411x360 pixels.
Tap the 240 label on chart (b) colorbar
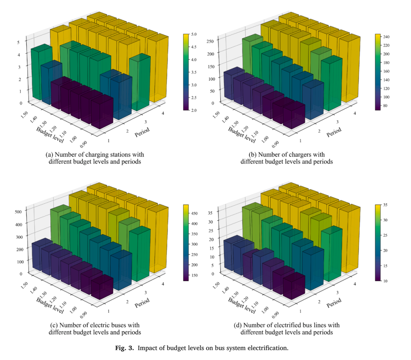pos(386,37)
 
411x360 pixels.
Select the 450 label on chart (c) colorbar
pos(194,213)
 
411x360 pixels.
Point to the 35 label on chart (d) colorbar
pos(385,205)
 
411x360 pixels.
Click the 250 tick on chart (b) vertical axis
pos(210,41)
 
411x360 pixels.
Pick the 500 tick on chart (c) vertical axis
pos(18,211)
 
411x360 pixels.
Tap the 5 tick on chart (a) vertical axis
pos(18,42)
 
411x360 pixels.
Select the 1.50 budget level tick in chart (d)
pos(216,285)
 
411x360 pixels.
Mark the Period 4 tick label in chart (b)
pos(355,113)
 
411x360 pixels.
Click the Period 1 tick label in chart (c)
pos(108,311)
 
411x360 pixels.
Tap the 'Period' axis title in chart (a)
pos(142,132)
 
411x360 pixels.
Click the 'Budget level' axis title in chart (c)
pos(50,306)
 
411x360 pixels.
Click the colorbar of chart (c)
pos(186,243)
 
